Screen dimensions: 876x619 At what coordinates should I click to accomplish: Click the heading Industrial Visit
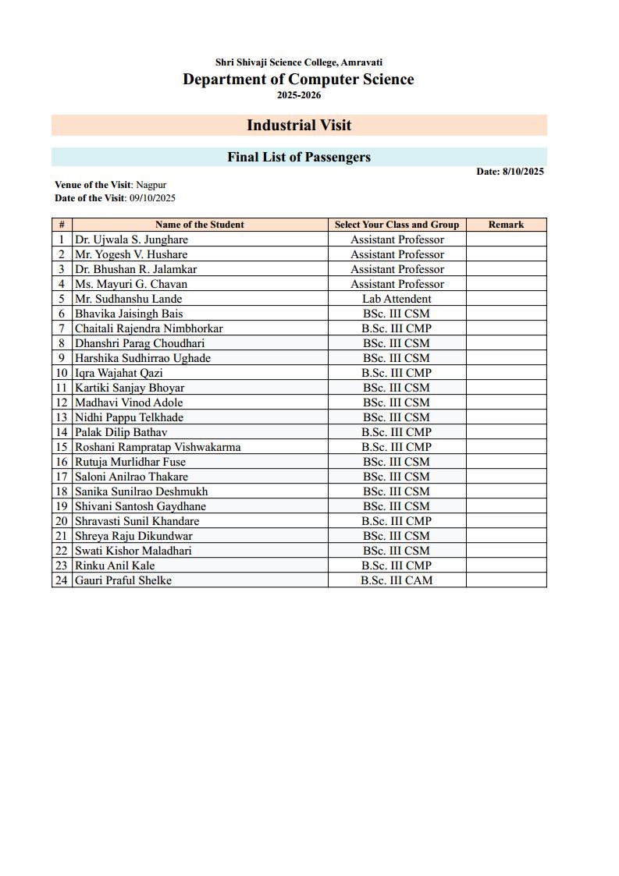pyautogui.click(x=299, y=125)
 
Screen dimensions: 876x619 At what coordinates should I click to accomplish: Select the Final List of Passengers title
pyautogui.click(x=299, y=157)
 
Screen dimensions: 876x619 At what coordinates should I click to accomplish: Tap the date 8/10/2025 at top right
pyautogui.click(x=522, y=172)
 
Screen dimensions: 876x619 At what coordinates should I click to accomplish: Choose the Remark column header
pyautogui.click(x=506, y=225)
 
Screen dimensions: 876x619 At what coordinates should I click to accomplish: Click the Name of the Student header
pyautogui.click(x=200, y=225)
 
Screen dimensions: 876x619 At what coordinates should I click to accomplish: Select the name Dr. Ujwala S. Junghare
pyautogui.click(x=131, y=239)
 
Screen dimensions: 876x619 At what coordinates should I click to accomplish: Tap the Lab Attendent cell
pyautogui.click(x=397, y=299)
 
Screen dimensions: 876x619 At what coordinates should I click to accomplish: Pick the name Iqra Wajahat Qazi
pyautogui.click(x=119, y=373)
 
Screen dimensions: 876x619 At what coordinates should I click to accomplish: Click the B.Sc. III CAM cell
pyautogui.click(x=397, y=580)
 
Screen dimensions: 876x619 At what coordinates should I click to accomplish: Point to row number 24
pyautogui.click(x=62, y=580)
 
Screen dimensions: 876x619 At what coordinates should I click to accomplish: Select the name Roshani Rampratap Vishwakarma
pyautogui.click(x=158, y=447)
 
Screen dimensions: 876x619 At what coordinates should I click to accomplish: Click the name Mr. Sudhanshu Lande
pyautogui.click(x=128, y=299)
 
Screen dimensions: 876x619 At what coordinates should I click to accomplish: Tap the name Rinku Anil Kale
pyautogui.click(x=115, y=566)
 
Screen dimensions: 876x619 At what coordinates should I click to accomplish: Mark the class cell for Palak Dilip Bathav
pyautogui.click(x=397, y=432)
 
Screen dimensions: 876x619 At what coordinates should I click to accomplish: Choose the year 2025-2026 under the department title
pyautogui.click(x=299, y=95)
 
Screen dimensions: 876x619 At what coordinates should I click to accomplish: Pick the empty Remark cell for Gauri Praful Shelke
pyautogui.click(x=506, y=580)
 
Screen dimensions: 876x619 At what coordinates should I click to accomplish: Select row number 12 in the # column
pyautogui.click(x=62, y=403)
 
